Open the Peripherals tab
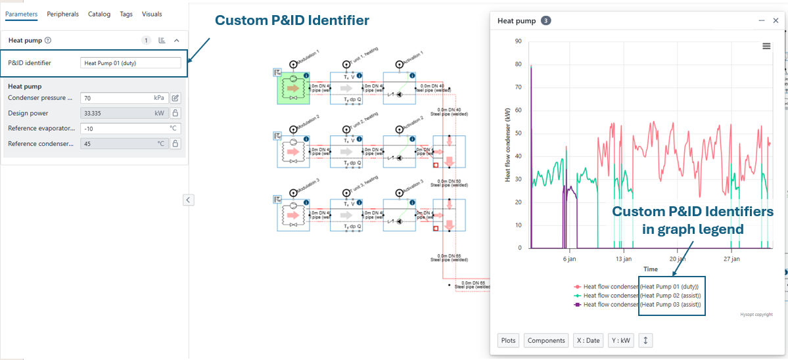click(x=62, y=14)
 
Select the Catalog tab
click(x=99, y=14)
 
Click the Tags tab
click(x=126, y=14)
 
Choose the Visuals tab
click(x=152, y=14)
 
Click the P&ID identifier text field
click(x=130, y=63)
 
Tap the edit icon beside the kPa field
click(x=175, y=98)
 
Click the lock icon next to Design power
click(x=175, y=113)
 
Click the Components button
click(x=546, y=340)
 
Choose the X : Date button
click(x=588, y=340)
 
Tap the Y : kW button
click(x=620, y=340)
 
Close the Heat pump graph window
click(x=776, y=21)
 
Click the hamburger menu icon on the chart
click(x=766, y=46)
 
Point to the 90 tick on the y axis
click(x=518, y=41)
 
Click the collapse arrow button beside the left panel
click(x=189, y=200)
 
